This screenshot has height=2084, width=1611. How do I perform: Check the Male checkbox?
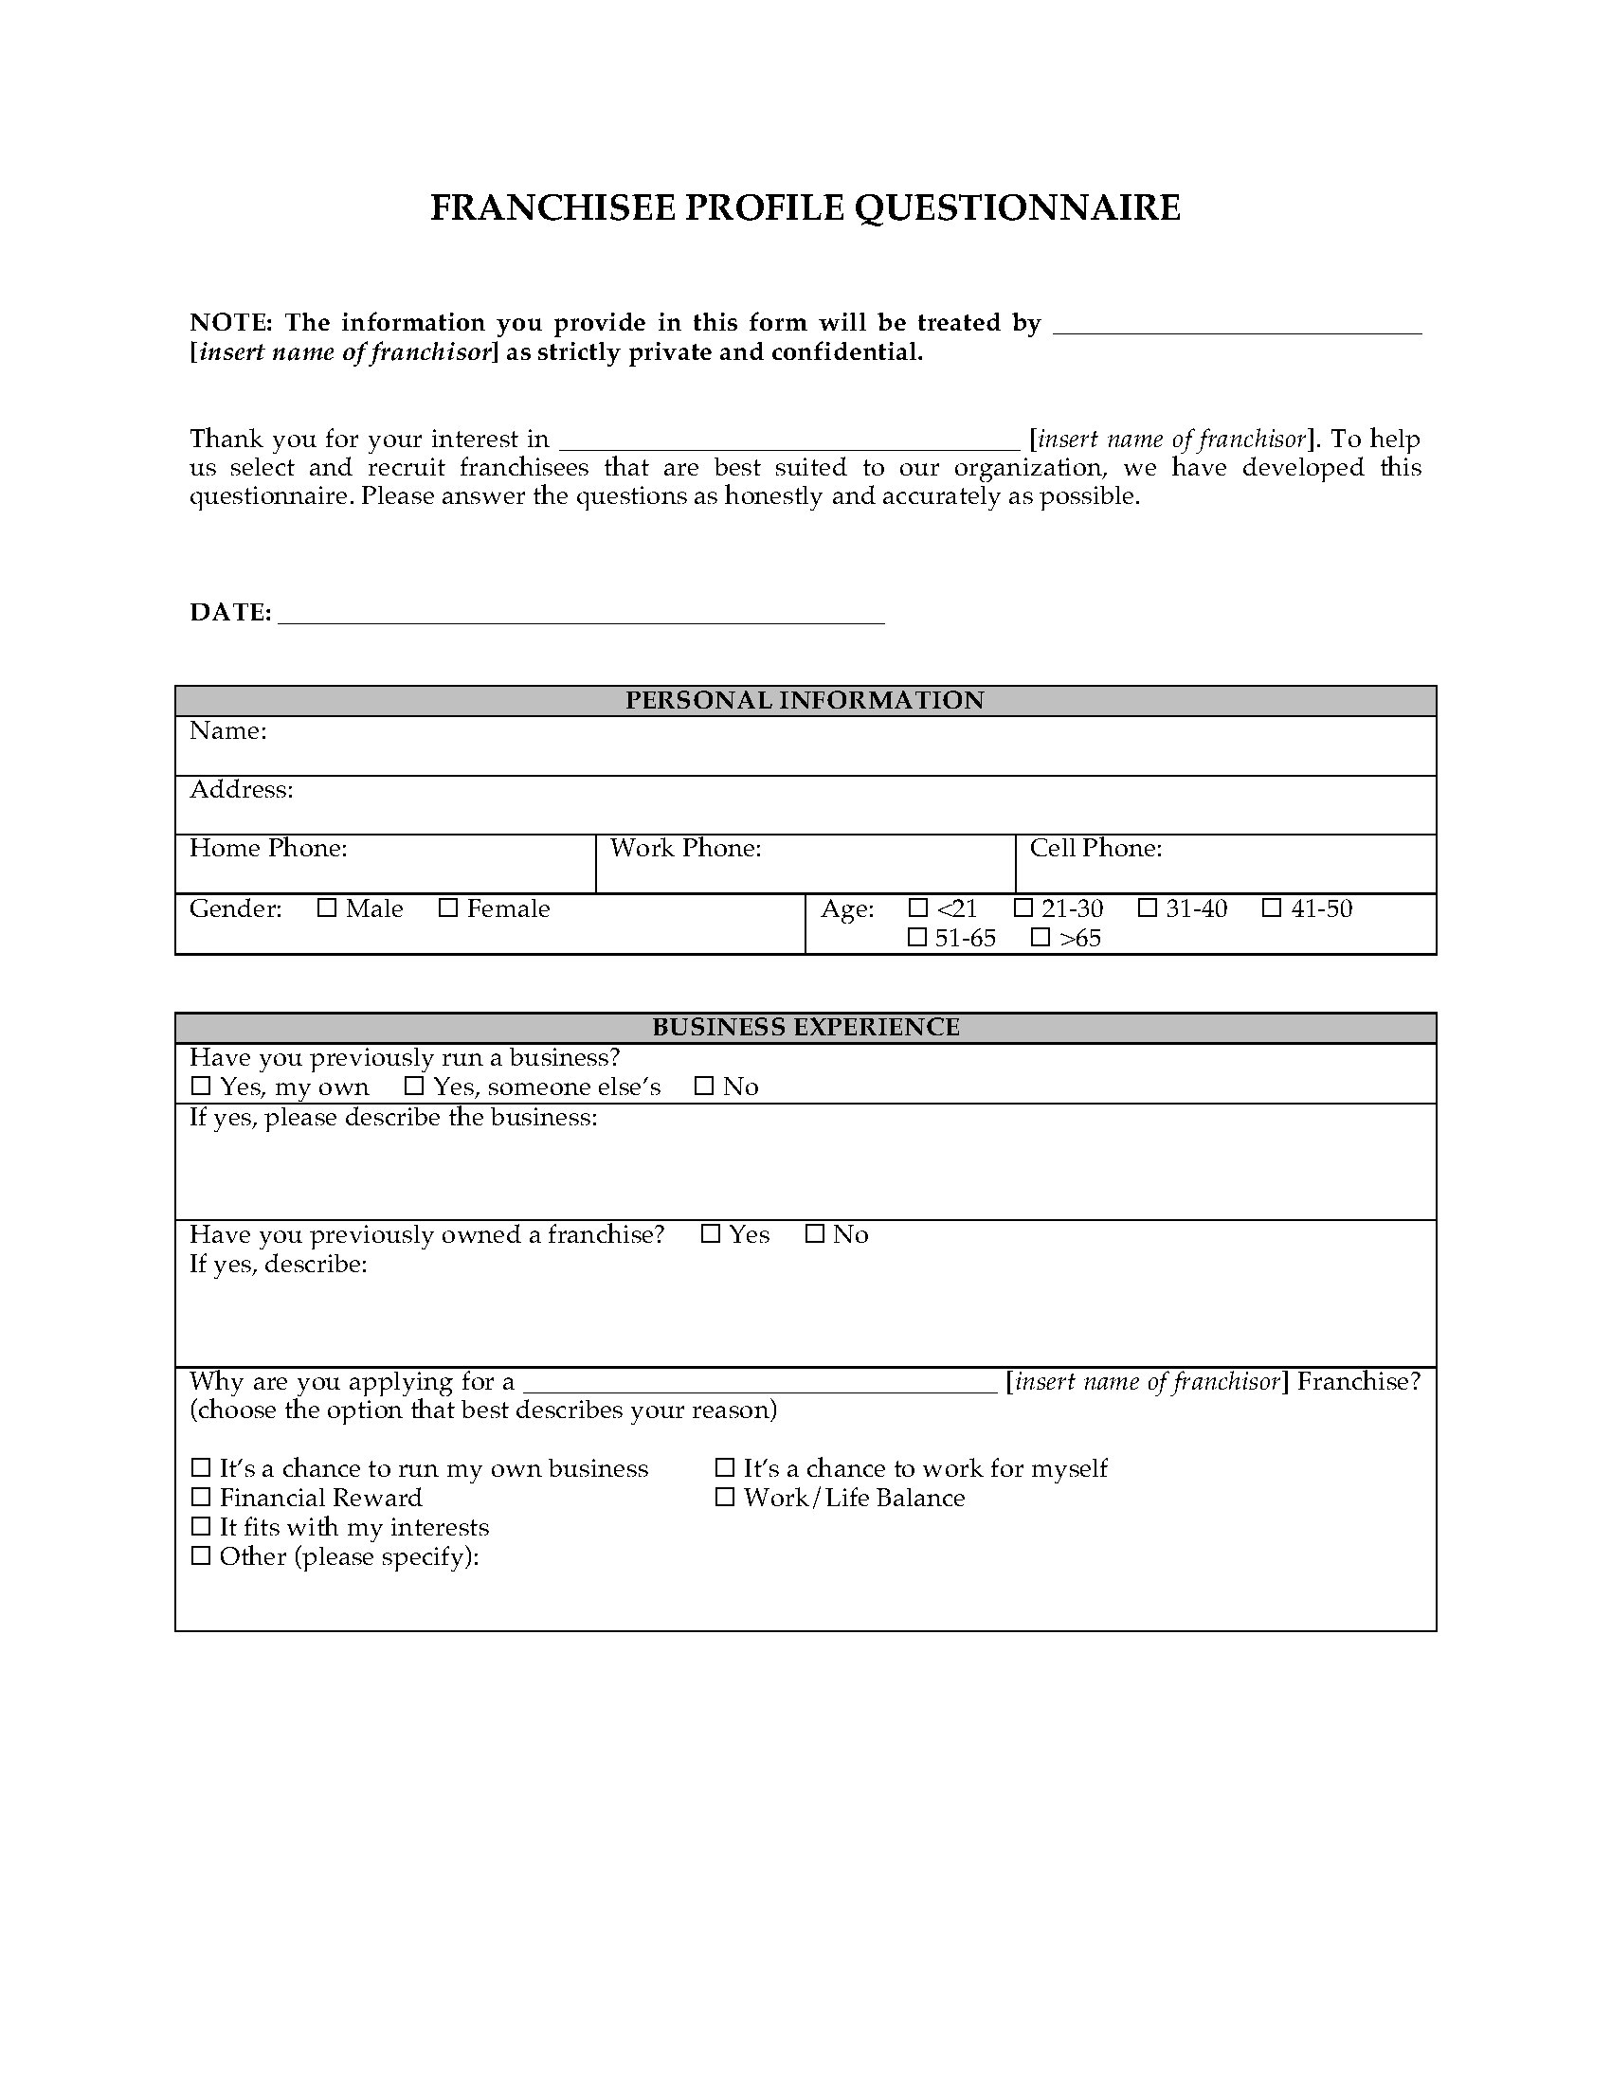(327, 908)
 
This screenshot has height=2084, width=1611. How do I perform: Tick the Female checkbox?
(447, 908)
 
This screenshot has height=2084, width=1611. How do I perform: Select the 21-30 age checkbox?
(1023, 907)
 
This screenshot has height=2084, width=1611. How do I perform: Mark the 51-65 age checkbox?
(917, 938)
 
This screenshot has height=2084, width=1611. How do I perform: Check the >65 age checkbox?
(1041, 938)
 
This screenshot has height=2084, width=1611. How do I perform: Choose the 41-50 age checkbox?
(1272, 907)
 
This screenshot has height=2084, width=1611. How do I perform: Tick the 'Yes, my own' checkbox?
(200, 1086)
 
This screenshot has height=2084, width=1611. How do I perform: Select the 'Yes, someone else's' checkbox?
(414, 1086)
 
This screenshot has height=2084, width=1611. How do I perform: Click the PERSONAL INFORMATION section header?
(805, 700)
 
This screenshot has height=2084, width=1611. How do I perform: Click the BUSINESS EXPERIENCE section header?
(805, 1027)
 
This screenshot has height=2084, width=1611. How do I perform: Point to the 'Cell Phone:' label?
(1095, 849)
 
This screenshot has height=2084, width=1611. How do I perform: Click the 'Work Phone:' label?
(685, 849)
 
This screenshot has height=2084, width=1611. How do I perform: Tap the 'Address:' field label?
(242, 789)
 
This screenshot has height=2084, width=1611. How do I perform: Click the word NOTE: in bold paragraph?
(232, 322)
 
